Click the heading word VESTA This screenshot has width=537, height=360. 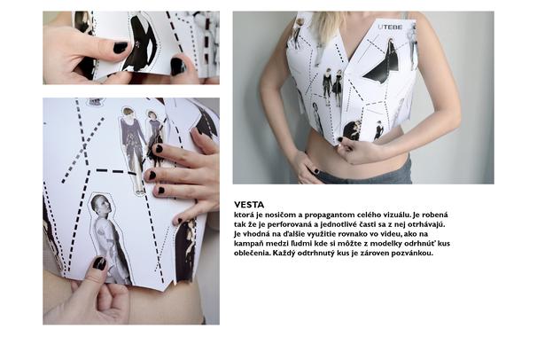coord(249,205)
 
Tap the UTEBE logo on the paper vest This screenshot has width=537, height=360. coord(390,27)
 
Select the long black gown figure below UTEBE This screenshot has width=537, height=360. coord(385,63)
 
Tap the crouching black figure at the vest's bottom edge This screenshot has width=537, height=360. coord(352,130)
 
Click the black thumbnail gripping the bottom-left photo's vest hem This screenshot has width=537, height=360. coord(99,263)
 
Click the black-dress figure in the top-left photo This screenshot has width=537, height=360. coord(140,42)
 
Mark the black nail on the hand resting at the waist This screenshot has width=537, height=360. coord(316,171)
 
